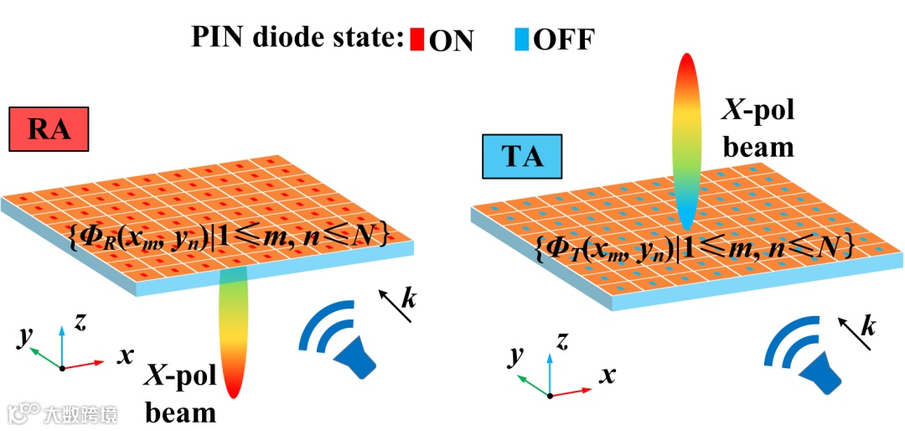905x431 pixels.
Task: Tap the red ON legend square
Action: point(417,39)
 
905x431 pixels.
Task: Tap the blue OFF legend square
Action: point(522,39)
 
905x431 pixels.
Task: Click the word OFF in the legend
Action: point(563,39)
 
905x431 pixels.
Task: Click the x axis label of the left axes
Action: point(125,356)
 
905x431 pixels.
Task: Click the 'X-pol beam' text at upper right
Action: point(758,128)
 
